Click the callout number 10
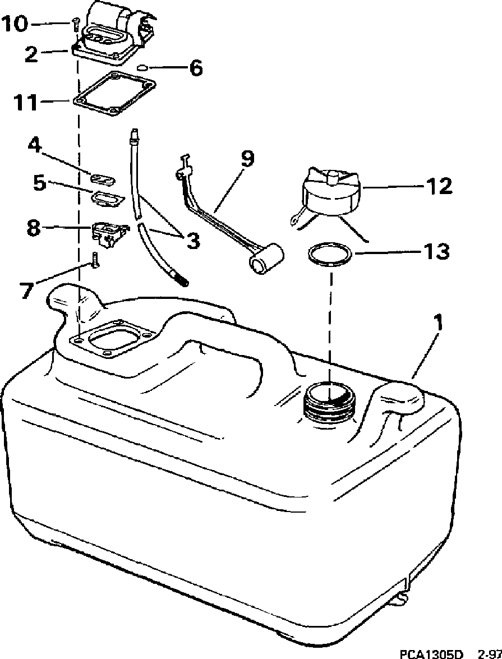pos(15,24)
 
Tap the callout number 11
pos(25,103)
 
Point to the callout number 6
pos(195,68)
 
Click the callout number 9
pos(247,159)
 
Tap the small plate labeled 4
pos(103,179)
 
